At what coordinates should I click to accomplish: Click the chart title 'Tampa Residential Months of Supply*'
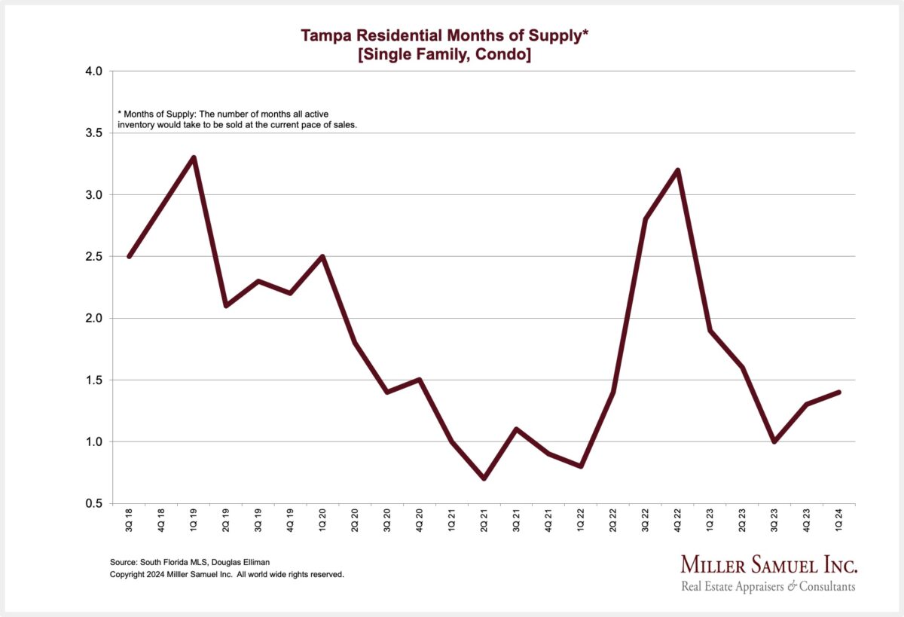tap(444, 35)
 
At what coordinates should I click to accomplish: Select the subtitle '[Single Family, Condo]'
tap(444, 54)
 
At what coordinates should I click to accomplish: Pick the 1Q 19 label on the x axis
tap(194, 521)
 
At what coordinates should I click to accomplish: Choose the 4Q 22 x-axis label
tap(678, 521)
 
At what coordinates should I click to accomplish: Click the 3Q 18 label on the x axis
tap(130, 521)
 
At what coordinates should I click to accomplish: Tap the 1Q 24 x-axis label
tap(839, 521)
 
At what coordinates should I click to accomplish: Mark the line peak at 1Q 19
tap(194, 157)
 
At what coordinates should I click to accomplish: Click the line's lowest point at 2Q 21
tap(484, 478)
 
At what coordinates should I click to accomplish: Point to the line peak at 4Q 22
tap(678, 170)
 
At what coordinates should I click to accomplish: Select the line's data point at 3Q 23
tap(774, 441)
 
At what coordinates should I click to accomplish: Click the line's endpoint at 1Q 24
tap(838, 392)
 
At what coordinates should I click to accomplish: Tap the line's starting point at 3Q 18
tap(130, 257)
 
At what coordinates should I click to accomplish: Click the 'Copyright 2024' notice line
tap(227, 574)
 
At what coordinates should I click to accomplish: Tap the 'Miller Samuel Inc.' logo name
tap(768, 565)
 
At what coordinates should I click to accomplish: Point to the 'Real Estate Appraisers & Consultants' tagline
tap(768, 586)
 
